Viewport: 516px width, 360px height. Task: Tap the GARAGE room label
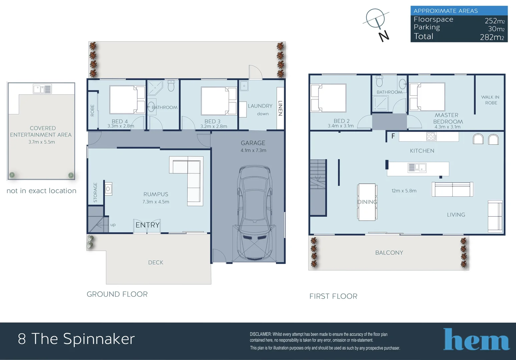pyautogui.click(x=253, y=143)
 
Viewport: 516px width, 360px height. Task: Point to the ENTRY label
pyautogui.click(x=147, y=225)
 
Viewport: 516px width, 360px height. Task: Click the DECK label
pyautogui.click(x=155, y=263)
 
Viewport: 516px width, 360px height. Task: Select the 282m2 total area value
pyautogui.click(x=492, y=37)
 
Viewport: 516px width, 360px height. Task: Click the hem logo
pyautogui.click(x=476, y=340)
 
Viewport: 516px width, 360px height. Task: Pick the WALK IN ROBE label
pyautogui.click(x=490, y=100)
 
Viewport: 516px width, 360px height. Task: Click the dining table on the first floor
pyautogui.click(x=367, y=202)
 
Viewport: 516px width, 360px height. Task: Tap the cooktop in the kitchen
pyautogui.click(x=431, y=136)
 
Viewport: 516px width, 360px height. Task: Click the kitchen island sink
pyautogui.click(x=417, y=167)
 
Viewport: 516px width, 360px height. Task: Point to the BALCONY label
pyautogui.click(x=389, y=253)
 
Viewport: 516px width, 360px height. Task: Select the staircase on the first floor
pyautogui.click(x=318, y=187)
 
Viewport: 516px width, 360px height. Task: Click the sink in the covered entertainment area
pyautogui.click(x=42, y=89)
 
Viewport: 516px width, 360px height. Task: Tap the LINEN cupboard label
pyautogui.click(x=280, y=108)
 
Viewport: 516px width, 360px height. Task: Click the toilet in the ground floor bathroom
pyautogui.click(x=171, y=86)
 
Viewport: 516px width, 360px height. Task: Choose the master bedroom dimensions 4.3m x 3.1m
pyautogui.click(x=447, y=127)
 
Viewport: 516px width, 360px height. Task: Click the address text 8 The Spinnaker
pyautogui.click(x=76, y=339)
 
